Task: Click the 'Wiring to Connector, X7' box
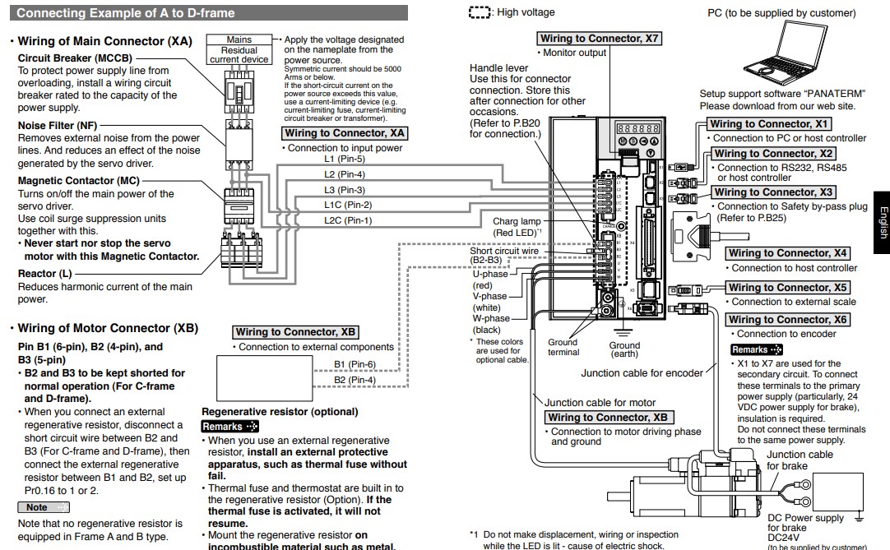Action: pyautogui.click(x=600, y=39)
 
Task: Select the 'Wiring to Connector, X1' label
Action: pyautogui.click(x=772, y=124)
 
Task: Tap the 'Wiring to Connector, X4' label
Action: pyautogui.click(x=788, y=253)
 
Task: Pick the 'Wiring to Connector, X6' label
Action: pyautogui.click(x=787, y=320)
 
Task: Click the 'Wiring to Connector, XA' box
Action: pyautogui.click(x=345, y=133)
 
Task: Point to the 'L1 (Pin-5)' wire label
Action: pyautogui.click(x=345, y=159)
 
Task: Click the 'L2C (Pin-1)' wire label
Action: pyautogui.click(x=348, y=220)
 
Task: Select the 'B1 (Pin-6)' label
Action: pyautogui.click(x=355, y=364)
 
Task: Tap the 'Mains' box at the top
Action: pyautogui.click(x=239, y=39)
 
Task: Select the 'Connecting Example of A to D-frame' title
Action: pyautogui.click(x=126, y=13)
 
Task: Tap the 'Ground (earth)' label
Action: pyautogui.click(x=624, y=350)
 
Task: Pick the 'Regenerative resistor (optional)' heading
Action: pyautogui.click(x=280, y=412)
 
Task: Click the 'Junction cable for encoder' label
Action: pyautogui.click(x=642, y=372)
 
